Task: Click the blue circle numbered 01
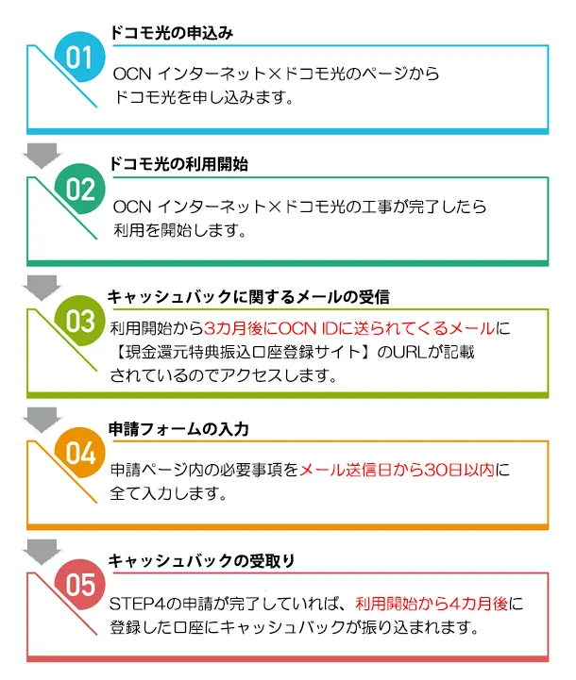click(x=80, y=57)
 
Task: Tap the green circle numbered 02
click(x=80, y=189)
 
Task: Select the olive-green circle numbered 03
click(x=80, y=321)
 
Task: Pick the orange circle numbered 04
click(x=80, y=453)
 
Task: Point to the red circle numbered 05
click(x=80, y=584)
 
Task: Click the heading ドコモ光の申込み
click(x=172, y=33)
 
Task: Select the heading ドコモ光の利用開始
click(x=178, y=165)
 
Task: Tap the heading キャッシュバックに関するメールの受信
click(x=248, y=297)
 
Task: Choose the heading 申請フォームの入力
click(x=178, y=429)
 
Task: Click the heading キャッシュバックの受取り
click(x=201, y=561)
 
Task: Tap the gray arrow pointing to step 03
click(x=42, y=287)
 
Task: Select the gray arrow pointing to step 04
click(x=42, y=420)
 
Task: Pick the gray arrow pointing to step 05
click(x=42, y=552)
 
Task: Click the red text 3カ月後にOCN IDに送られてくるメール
click(x=349, y=328)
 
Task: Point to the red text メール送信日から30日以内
click(x=397, y=470)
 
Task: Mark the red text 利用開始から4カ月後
click(x=432, y=604)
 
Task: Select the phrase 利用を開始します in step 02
click(x=176, y=230)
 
